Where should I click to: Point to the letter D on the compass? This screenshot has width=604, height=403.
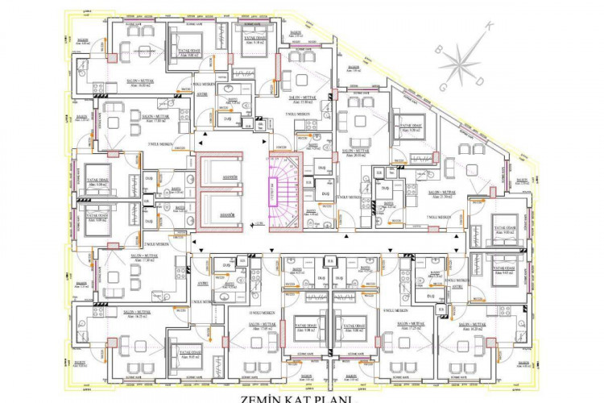481,81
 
